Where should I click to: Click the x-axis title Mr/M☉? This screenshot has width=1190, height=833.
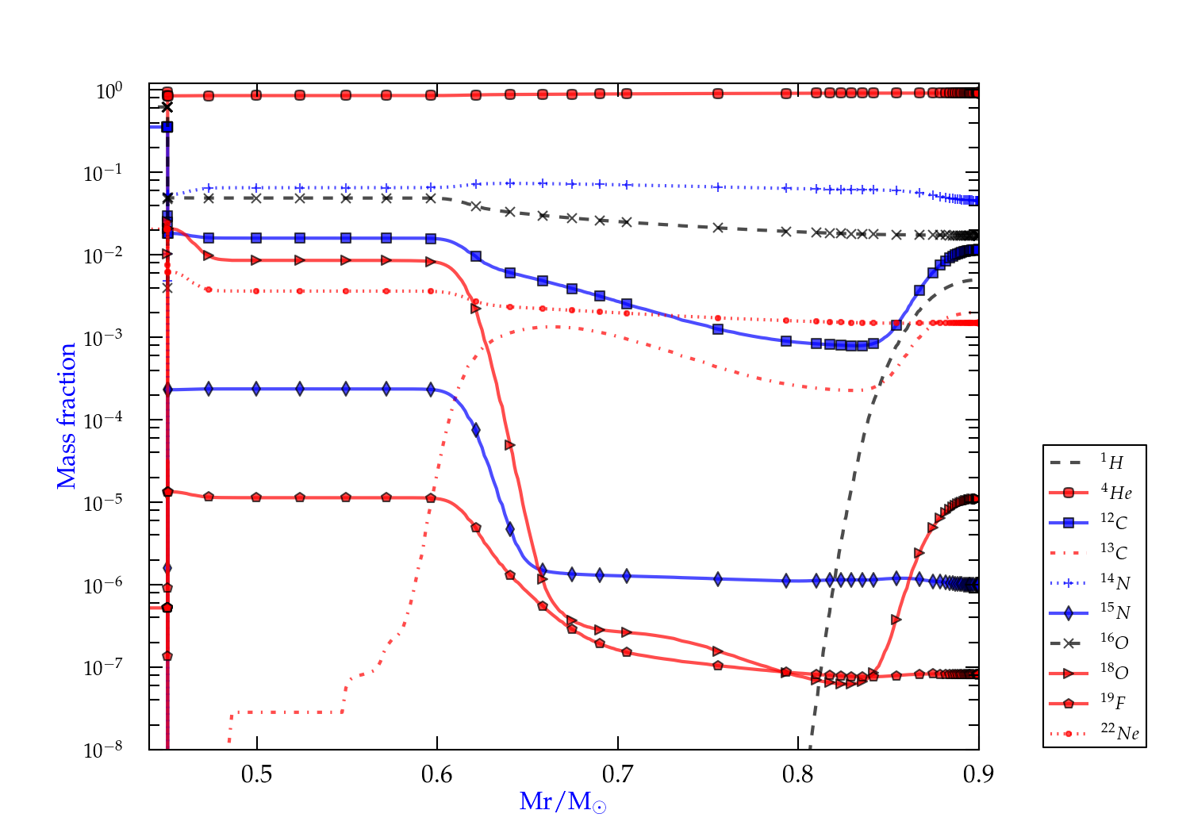click(562, 802)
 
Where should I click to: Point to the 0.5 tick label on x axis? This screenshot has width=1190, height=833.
click(256, 773)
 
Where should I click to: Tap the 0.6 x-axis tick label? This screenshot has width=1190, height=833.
click(437, 773)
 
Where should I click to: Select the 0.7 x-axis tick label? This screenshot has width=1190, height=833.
click(617, 773)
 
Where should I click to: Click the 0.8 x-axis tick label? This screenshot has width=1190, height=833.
click(798, 773)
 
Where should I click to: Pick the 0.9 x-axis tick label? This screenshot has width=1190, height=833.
click(978, 773)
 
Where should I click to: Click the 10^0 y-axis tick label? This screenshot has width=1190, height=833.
click(109, 91)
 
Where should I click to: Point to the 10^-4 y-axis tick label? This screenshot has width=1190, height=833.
click(103, 420)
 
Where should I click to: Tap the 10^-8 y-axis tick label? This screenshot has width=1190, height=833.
click(103, 750)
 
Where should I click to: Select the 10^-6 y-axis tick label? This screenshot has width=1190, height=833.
click(103, 585)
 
